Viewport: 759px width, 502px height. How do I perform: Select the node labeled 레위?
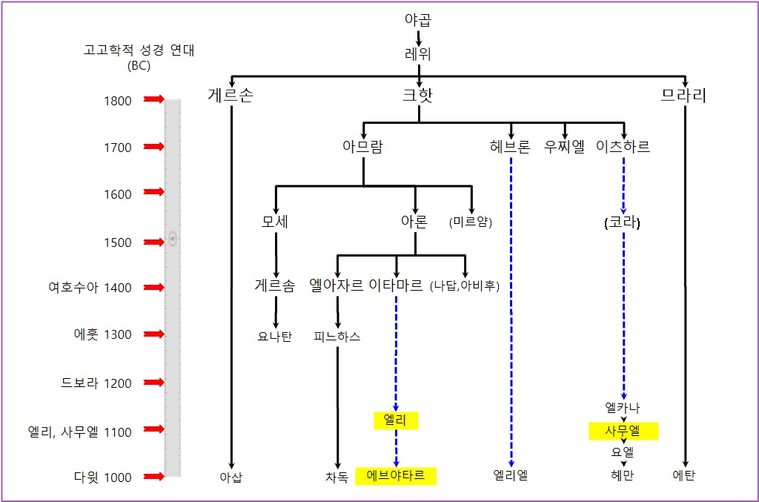418,54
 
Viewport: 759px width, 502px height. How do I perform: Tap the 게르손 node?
231,95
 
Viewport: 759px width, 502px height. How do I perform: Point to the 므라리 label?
683,95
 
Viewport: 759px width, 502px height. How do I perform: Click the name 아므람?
362,147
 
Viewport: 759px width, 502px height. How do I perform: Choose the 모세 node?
275,222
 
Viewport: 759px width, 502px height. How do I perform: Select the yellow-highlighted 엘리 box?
396,420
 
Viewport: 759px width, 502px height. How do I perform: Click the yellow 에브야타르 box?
396,476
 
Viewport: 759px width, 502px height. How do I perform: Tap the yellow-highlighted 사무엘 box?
623,431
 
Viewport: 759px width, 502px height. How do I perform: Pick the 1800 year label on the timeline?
118,101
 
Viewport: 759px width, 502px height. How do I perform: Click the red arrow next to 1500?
153,242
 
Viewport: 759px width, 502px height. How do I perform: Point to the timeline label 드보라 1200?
96,383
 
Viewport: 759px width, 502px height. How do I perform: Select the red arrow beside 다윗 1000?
153,477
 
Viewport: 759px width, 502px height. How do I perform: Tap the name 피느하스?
337,337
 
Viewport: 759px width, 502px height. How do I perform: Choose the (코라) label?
623,222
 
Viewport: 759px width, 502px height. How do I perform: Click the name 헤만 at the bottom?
623,476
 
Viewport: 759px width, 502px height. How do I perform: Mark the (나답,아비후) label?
465,286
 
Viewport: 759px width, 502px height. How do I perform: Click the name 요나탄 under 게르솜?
275,337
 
